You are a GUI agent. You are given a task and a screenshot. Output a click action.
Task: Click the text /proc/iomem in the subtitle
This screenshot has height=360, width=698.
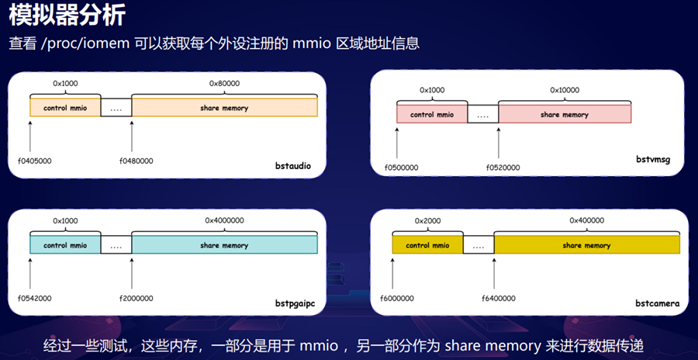tap(85, 43)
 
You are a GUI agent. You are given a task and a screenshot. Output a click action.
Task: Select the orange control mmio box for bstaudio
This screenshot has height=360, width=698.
tap(65, 108)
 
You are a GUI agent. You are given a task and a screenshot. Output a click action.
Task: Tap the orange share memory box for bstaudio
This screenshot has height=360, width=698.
tap(224, 108)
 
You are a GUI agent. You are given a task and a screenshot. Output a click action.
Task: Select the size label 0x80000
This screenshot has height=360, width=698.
tap(224, 83)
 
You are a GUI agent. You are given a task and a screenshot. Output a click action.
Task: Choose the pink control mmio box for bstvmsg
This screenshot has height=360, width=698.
tap(432, 115)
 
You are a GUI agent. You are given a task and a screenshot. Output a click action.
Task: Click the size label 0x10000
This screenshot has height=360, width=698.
tap(565, 90)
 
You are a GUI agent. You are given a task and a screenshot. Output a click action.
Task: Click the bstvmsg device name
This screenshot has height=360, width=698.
tap(651, 160)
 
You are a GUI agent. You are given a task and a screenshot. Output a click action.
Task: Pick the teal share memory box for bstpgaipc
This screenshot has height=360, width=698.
tap(224, 245)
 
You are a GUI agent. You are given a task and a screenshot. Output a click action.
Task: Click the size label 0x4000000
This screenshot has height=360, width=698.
tap(224, 221)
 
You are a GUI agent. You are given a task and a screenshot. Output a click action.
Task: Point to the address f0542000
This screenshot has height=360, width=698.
tap(31, 298)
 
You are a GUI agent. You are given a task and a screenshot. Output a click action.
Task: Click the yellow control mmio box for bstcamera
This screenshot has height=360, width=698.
tap(427, 245)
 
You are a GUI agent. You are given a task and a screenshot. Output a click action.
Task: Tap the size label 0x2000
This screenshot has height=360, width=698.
tap(427, 221)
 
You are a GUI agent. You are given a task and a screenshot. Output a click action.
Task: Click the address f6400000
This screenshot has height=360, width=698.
tap(499, 298)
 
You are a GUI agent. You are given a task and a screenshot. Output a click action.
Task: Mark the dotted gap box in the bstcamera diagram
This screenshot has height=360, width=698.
tap(479, 246)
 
